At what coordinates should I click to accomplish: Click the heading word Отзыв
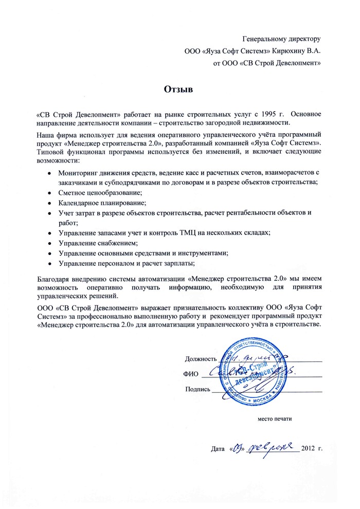click(x=178, y=89)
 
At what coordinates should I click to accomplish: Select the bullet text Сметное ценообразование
click(x=100, y=191)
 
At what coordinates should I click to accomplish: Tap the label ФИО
click(x=191, y=373)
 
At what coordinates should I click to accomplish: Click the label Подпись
click(x=197, y=389)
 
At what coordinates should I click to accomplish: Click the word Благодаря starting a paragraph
click(x=55, y=279)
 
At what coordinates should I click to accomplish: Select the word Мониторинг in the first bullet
click(x=78, y=172)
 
